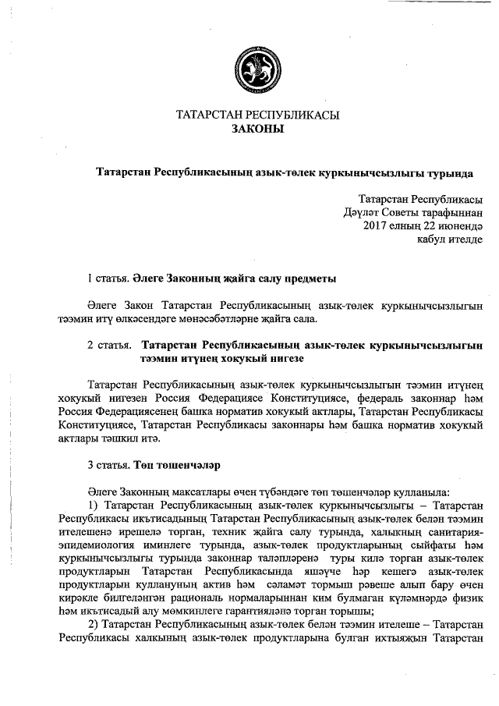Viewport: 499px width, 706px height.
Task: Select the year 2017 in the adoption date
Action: (x=377, y=225)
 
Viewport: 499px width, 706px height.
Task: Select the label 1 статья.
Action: (x=104, y=278)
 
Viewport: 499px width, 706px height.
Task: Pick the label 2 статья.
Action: (x=106, y=344)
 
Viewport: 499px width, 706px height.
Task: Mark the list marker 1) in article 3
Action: (x=92, y=506)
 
